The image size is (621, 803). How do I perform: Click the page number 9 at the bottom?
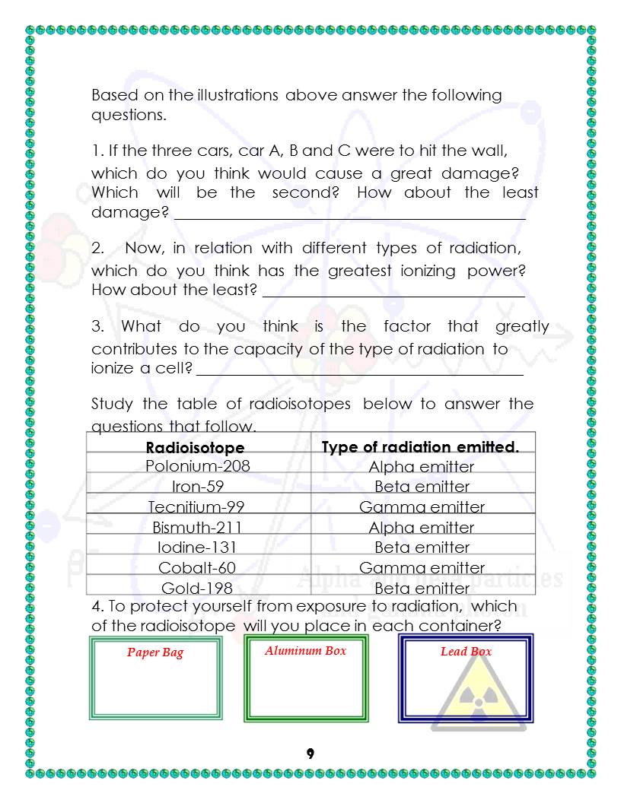tap(310, 754)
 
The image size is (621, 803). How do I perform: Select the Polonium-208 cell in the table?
tap(197, 465)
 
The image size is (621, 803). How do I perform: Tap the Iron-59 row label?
tap(197, 487)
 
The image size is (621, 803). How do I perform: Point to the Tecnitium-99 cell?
tap(197, 507)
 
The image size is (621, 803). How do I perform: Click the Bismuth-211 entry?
tap(197, 527)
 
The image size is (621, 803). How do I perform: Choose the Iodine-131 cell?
tap(197, 547)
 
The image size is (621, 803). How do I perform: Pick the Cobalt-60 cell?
tap(197, 568)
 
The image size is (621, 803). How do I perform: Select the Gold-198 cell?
tap(197, 588)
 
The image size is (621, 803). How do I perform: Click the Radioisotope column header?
tap(195, 447)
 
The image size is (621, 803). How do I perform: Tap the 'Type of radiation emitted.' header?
tap(420, 447)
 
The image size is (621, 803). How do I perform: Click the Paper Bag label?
tap(155, 652)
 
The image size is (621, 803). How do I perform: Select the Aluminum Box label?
tap(305, 651)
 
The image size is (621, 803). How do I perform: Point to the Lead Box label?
tap(466, 652)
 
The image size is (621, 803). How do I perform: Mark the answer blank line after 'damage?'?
tap(349, 218)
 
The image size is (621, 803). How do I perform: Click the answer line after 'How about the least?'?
tap(393, 296)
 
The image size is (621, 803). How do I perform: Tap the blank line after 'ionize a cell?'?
tap(359, 374)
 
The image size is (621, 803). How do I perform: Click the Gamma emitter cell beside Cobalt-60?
tap(422, 568)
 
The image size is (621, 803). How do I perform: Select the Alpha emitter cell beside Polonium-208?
tap(422, 467)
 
